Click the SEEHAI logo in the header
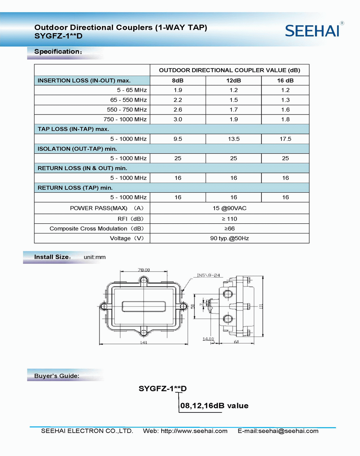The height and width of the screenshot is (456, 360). coord(312,31)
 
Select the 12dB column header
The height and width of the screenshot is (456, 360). coord(233,81)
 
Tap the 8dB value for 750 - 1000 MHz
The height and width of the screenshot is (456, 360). coord(178,119)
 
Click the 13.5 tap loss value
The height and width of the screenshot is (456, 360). coord(233,139)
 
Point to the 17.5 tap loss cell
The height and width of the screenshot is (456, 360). coord(285,139)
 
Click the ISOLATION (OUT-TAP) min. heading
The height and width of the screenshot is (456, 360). coord(77,149)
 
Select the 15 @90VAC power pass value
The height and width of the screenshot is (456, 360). coord(229,208)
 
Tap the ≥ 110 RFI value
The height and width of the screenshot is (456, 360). coord(229,219)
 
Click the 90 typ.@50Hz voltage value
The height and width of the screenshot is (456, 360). coord(229,238)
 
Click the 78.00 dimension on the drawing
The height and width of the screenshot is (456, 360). coord(144,270)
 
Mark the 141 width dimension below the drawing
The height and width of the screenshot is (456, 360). coord(144,342)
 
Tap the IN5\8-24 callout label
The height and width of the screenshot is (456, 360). coord(208,275)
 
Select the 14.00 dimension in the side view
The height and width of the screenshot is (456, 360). coord(208,339)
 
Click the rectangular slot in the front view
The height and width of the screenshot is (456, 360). coord(144,307)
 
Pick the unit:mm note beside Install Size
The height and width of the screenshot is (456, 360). coord(95,257)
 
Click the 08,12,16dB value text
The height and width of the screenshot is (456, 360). coord(214,406)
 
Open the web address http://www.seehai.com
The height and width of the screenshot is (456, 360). coord(194,431)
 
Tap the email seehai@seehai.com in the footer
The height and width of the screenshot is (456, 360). coord(288,431)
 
